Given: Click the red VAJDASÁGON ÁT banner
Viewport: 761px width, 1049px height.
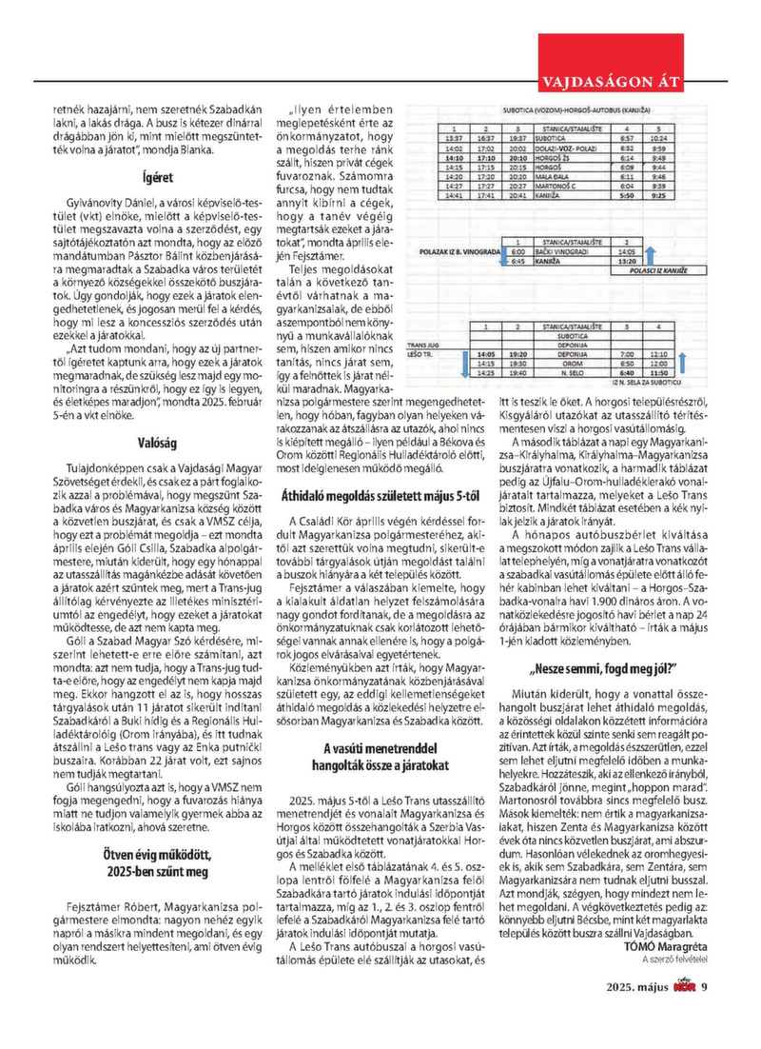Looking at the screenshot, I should tap(608, 78).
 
